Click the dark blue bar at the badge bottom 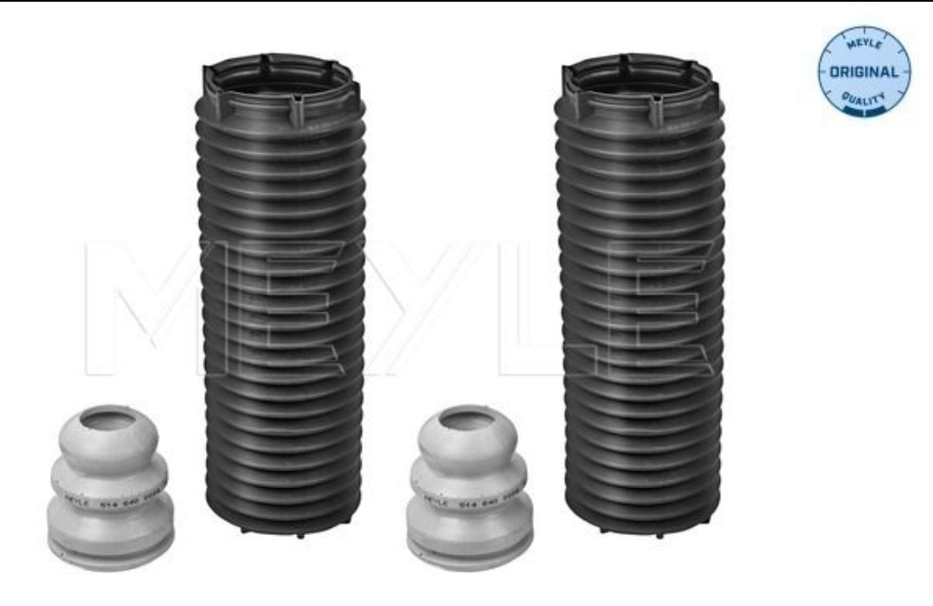click(864, 111)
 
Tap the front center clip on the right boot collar click(656, 111)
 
